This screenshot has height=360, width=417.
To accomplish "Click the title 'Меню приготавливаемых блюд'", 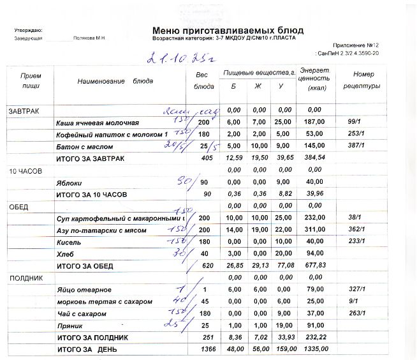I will (228, 30).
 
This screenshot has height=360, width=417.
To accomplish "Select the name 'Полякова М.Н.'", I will (89, 38).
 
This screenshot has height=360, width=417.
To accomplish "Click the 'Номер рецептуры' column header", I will (362, 80).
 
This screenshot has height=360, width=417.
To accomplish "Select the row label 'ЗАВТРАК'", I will (24, 111).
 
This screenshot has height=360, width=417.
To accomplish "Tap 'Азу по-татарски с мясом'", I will (105, 230).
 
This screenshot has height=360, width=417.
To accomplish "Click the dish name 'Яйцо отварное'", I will (84, 290).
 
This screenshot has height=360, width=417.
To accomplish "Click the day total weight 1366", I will (203, 350).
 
